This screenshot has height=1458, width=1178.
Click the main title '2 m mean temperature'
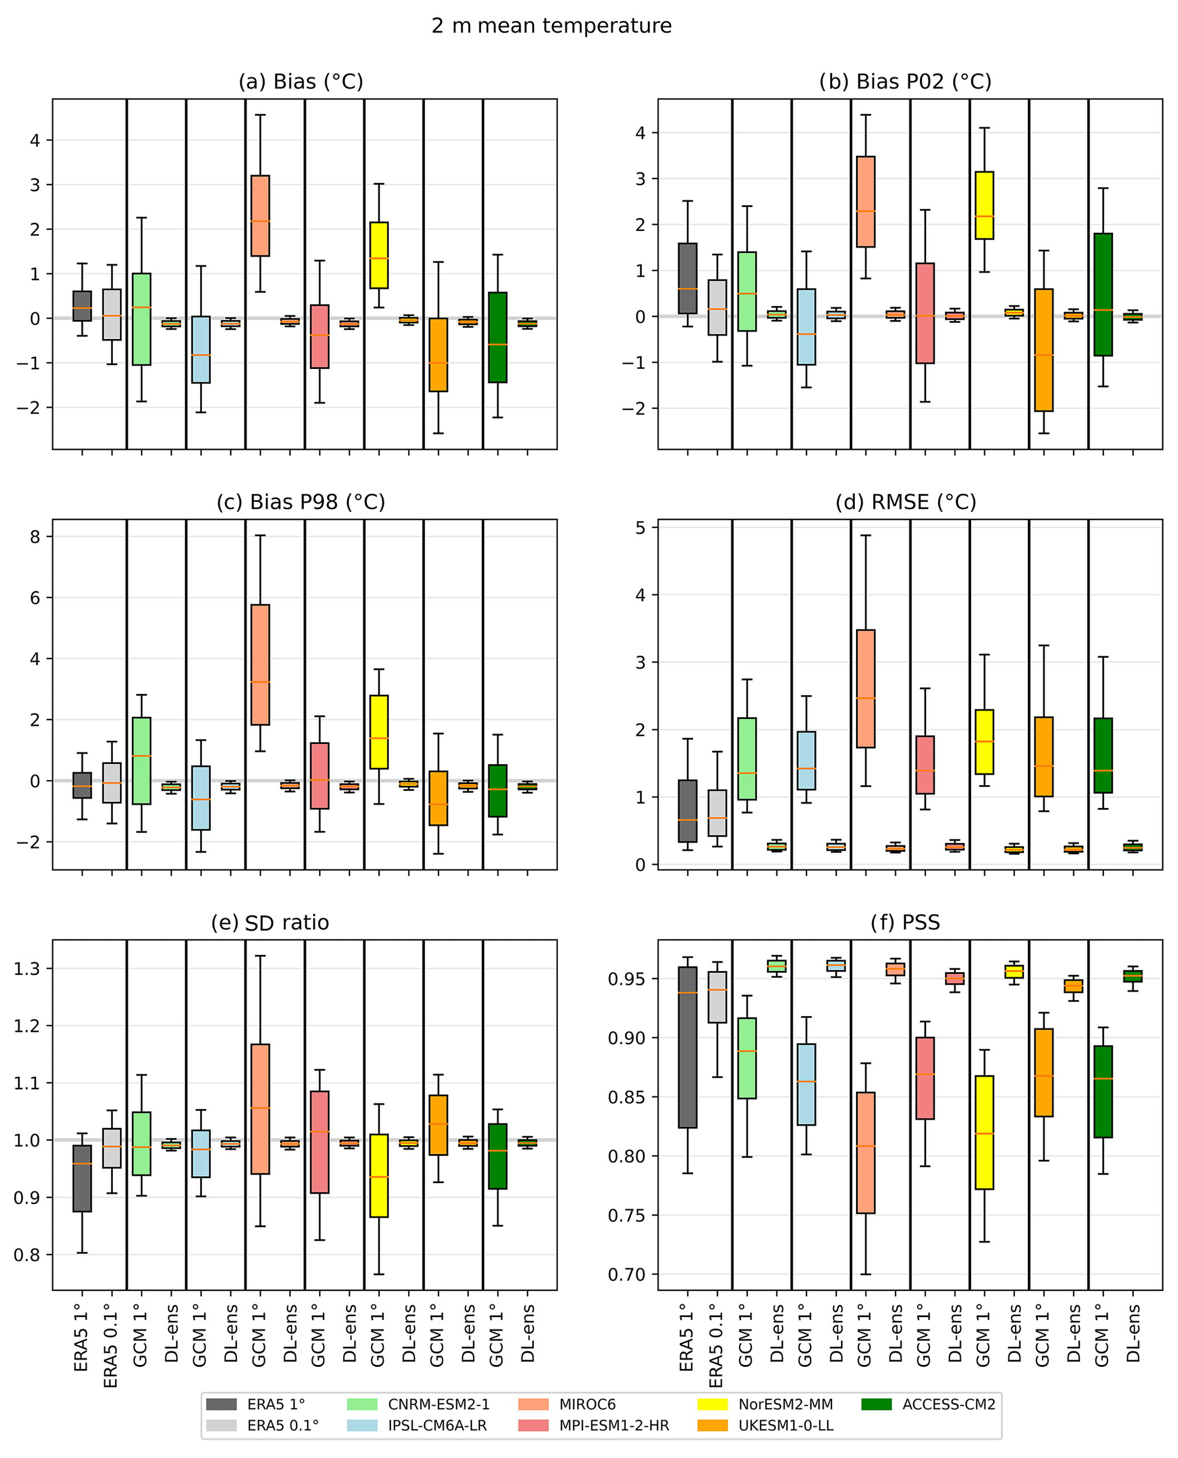[551, 26]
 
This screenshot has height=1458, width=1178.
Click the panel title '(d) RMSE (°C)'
[905, 502]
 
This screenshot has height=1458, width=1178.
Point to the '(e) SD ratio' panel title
[270, 923]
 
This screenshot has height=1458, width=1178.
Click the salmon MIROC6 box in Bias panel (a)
[260, 216]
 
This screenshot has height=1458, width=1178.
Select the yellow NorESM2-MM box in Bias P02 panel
[984, 205]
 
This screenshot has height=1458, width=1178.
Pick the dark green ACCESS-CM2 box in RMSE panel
[1103, 756]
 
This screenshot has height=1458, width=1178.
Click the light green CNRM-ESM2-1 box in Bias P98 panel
[141, 761]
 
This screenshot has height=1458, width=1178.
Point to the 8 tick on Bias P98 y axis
[35, 537]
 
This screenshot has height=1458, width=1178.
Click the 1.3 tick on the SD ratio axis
[27, 969]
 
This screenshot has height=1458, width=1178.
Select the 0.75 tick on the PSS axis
[626, 1215]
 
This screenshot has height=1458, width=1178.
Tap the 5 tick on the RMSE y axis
[641, 527]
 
